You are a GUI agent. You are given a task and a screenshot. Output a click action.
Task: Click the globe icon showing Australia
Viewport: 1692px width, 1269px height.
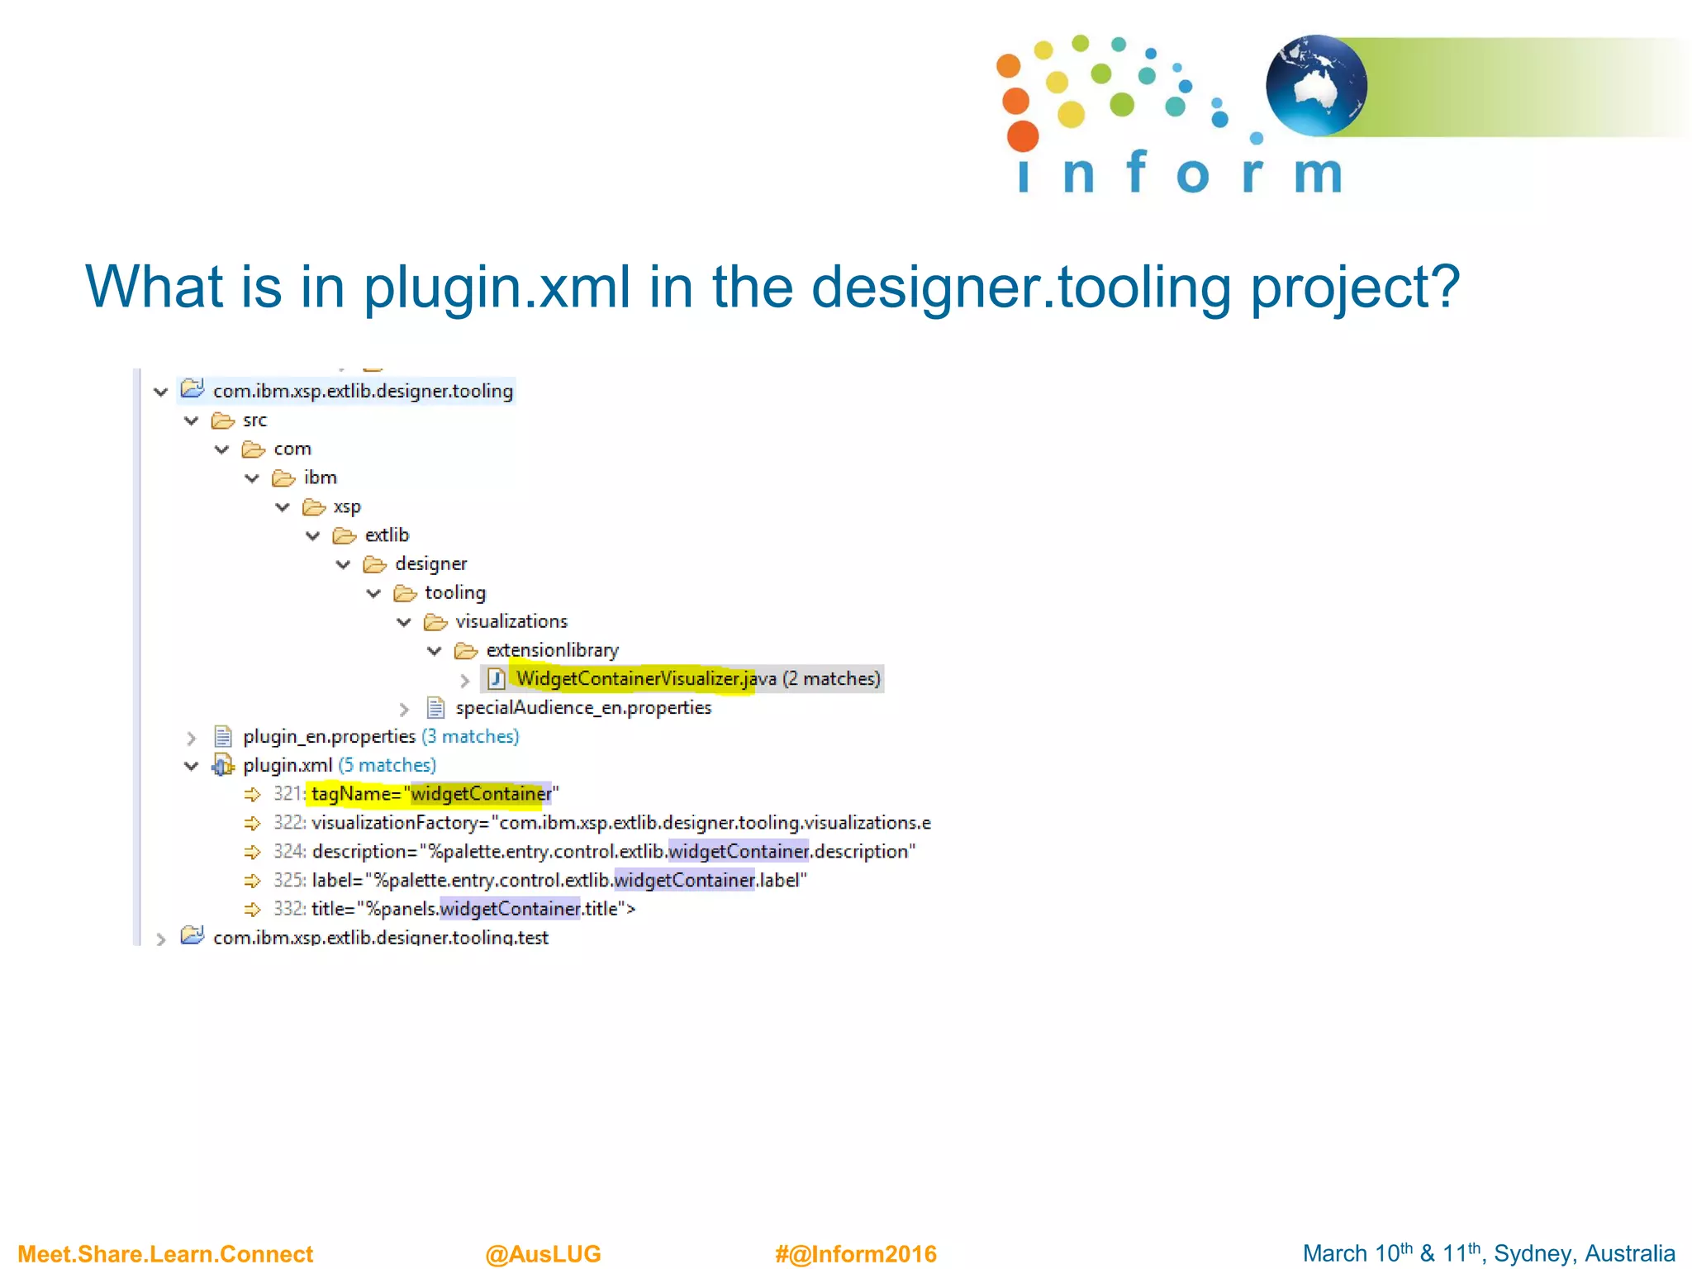tap(1315, 86)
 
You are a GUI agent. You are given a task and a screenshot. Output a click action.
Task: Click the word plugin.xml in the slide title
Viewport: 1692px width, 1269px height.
tap(497, 287)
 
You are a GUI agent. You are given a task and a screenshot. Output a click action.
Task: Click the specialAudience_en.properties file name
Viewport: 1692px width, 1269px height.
tap(582, 708)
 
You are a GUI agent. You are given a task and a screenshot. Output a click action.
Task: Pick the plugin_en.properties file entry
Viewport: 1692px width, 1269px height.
tap(329, 737)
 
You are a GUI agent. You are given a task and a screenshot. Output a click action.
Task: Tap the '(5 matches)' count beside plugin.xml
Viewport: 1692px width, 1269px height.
tap(387, 766)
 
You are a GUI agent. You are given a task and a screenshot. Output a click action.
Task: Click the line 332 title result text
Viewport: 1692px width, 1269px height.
tap(473, 910)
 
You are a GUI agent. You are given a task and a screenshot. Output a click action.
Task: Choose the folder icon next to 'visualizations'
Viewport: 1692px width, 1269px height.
tap(435, 622)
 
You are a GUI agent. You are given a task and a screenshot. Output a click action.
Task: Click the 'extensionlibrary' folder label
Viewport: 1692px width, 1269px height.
tap(552, 651)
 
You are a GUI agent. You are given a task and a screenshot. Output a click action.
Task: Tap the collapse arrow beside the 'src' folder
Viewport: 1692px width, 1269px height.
tap(192, 421)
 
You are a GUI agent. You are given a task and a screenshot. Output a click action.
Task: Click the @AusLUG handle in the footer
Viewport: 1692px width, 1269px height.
tap(543, 1254)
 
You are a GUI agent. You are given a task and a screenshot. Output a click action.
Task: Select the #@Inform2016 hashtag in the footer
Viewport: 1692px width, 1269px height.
tap(855, 1254)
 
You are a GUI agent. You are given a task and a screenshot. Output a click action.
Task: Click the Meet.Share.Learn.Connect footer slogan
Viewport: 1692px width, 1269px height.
tap(165, 1254)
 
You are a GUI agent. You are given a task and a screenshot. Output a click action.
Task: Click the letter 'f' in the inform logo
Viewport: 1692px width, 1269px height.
tap(1137, 171)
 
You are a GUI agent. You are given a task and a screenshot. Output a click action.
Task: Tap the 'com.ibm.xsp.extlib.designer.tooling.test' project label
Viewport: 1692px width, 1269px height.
tap(380, 938)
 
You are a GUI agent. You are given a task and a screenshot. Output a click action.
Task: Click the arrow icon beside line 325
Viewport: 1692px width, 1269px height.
tap(252, 881)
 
